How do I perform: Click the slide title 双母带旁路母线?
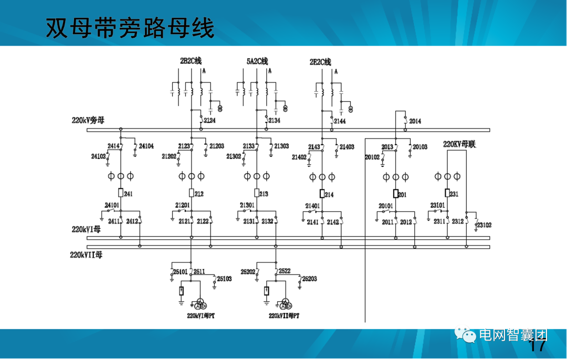[x=130, y=28]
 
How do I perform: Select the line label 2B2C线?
[x=191, y=61]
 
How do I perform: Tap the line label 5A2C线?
[x=257, y=61]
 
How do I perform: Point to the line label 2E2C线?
[x=320, y=62]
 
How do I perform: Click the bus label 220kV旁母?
[x=88, y=120]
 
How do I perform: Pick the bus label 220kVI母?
[x=86, y=230]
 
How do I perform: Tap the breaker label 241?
[x=129, y=194]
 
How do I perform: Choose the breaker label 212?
[x=199, y=194]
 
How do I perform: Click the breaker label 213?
[x=264, y=194]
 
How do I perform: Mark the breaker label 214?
[x=329, y=195]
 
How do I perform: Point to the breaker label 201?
[x=402, y=195]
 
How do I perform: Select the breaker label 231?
[x=454, y=194]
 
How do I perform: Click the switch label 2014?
[x=415, y=121]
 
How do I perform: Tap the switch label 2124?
[x=209, y=121]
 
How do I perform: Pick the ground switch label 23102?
[x=484, y=225]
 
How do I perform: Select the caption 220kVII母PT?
[x=284, y=316]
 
